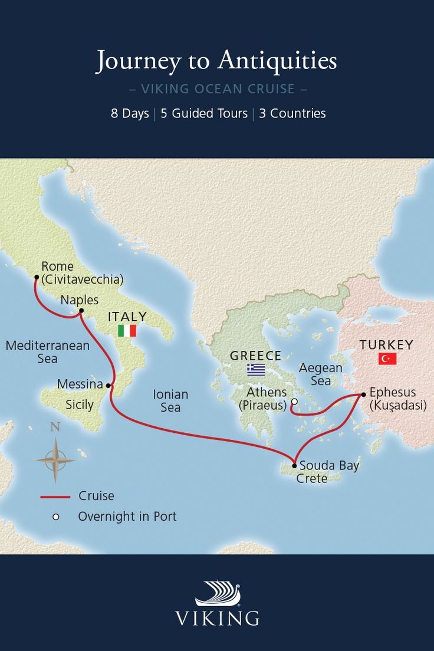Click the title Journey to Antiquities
click(216, 61)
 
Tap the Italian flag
click(127, 331)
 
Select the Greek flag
click(256, 370)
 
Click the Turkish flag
click(387, 359)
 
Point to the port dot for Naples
click(81, 311)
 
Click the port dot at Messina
click(108, 386)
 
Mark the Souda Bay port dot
click(294, 465)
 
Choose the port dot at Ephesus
click(363, 394)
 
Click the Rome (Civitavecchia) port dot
click(37, 277)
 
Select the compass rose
click(55, 459)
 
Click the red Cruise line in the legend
click(55, 497)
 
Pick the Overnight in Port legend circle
click(56, 517)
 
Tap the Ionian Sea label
click(170, 400)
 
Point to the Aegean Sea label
click(320, 374)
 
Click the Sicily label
click(80, 405)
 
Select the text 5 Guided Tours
click(204, 113)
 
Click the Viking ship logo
click(218, 594)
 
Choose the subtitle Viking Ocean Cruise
click(217, 90)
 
